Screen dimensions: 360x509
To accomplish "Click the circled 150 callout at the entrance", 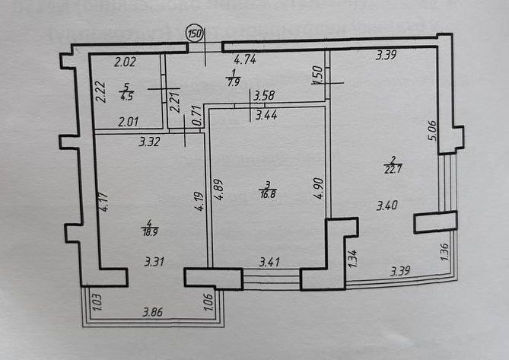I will [196, 33].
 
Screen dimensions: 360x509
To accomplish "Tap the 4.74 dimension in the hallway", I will [244, 59].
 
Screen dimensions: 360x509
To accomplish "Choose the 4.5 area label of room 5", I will [125, 96].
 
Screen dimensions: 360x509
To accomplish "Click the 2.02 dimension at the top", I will [125, 63].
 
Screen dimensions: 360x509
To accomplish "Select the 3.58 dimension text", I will [264, 96].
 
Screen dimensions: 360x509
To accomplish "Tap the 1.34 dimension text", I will [352, 259].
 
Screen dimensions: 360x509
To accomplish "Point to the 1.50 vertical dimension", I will [317, 74].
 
